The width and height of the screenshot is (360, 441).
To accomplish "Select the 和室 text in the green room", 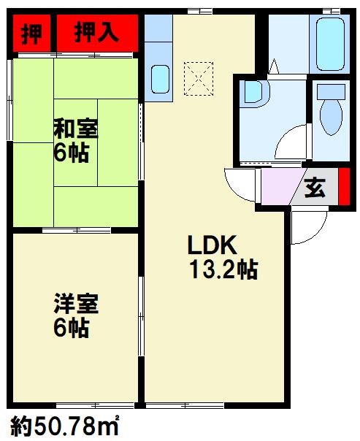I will pyautogui.click(x=76, y=130).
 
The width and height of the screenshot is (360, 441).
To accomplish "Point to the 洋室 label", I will pyautogui.click(x=76, y=302).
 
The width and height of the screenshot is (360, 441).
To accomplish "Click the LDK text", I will pyautogui.click(x=212, y=245).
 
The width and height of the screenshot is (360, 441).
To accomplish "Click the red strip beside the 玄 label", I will pyautogui.click(x=344, y=188).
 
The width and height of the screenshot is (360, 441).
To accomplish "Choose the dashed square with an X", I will pyautogui.click(x=196, y=77).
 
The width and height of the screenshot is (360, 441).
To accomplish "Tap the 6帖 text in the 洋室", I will pyautogui.click(x=70, y=328).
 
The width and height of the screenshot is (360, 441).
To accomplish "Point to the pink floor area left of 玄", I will pyautogui.click(x=277, y=188).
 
